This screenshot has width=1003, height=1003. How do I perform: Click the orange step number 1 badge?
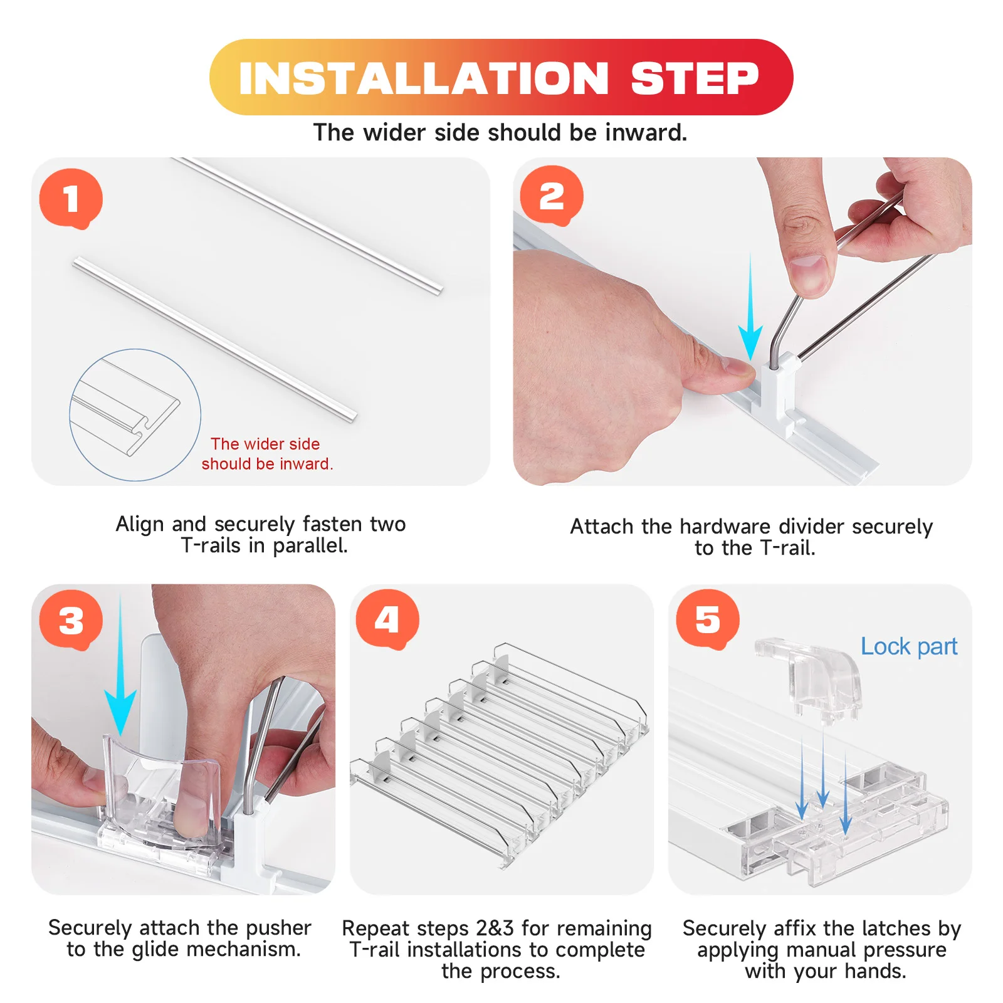71,199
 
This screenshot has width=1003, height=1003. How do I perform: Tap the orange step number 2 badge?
552,196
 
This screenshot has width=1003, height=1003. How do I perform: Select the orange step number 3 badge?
71,621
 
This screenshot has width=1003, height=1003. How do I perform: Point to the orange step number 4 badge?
387,620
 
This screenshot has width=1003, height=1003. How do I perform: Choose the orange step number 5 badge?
708,620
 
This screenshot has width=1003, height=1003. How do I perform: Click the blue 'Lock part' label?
909,646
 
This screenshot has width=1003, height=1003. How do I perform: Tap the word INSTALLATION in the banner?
424,78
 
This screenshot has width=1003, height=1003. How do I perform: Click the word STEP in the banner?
695,78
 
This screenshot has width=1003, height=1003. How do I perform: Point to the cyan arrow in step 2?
750,307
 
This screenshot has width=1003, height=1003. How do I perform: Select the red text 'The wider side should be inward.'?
267,454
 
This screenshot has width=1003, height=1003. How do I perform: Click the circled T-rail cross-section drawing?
135,415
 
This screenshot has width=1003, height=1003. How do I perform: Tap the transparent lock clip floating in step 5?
809,677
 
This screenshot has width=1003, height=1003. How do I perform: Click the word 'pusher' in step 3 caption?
278,928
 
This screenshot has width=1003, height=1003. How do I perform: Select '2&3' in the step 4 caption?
494,928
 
